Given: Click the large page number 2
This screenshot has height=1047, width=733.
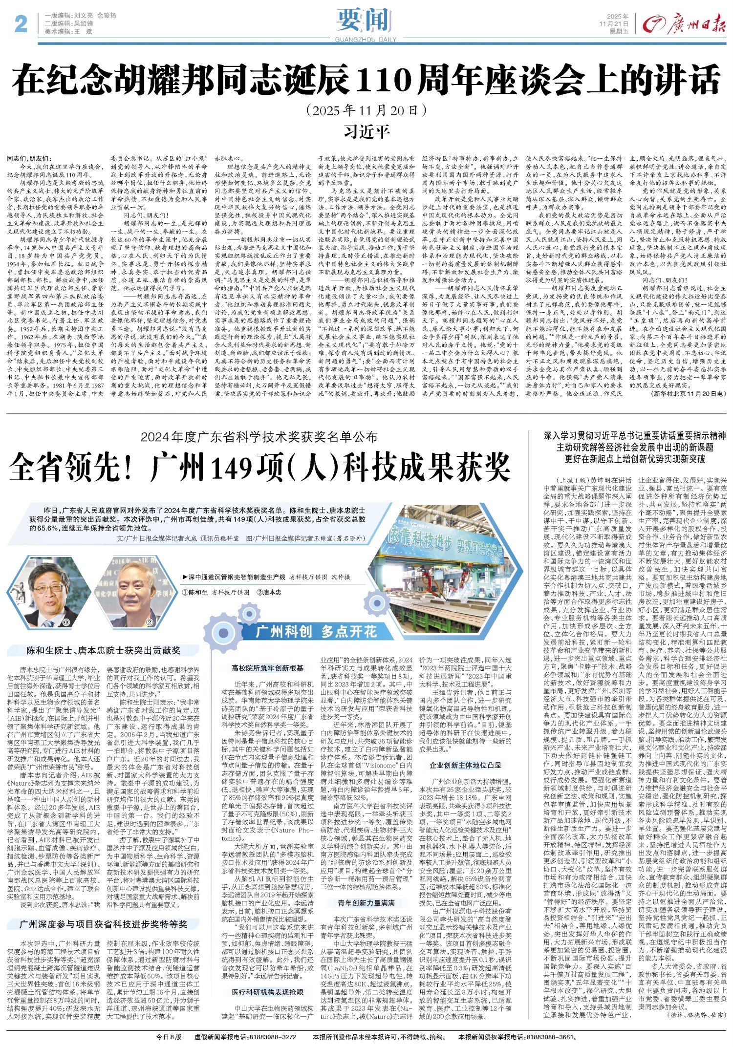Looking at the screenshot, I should click(x=21, y=23).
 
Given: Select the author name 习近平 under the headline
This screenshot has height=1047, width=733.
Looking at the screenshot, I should click(x=366, y=132).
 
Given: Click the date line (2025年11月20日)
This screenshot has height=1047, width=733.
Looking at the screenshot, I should click(x=366, y=110).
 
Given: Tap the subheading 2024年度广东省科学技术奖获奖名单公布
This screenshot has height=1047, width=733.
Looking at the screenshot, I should click(x=259, y=436).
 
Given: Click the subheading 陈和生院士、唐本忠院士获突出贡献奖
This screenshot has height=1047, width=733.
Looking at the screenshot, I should click(x=103, y=651).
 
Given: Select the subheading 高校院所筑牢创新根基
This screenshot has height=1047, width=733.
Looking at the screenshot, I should click(x=268, y=668).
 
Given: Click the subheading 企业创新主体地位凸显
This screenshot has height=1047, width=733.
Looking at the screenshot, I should click(x=465, y=765).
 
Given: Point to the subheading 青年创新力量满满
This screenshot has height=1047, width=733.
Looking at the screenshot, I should click(x=366, y=903).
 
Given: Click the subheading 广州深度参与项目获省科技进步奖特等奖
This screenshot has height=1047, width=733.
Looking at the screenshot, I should click(x=103, y=924).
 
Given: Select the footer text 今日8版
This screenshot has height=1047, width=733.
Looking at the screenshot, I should click(x=169, y=1037).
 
